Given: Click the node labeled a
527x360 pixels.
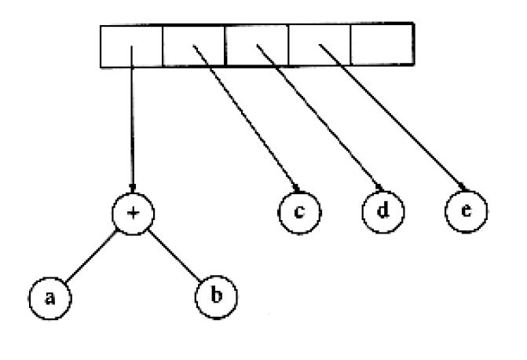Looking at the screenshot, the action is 49,299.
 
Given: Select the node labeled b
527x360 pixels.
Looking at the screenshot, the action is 216,297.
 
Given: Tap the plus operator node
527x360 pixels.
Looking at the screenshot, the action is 133,214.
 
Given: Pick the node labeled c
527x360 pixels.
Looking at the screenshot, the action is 299,212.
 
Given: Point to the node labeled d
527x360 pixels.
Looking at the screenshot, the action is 383,211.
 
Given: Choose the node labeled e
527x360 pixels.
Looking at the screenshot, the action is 467,211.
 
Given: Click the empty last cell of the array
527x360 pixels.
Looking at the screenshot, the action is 382,44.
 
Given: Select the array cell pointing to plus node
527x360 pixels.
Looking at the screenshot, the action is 131,46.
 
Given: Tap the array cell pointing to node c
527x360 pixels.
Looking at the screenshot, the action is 194,46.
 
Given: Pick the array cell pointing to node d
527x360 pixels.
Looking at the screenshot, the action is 257,45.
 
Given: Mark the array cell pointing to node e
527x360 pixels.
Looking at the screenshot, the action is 320,45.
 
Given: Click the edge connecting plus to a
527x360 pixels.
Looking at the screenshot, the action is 91,256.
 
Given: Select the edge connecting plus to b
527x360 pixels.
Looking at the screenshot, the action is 174,255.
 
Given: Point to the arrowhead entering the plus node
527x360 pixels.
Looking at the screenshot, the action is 133,189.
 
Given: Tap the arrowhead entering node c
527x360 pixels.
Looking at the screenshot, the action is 296,188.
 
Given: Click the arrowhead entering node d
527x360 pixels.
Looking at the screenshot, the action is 379,187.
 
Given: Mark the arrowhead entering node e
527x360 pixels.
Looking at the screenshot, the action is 463,187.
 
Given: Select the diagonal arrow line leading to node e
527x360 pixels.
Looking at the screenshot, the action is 393,117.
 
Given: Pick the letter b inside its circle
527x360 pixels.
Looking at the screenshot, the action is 217,296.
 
